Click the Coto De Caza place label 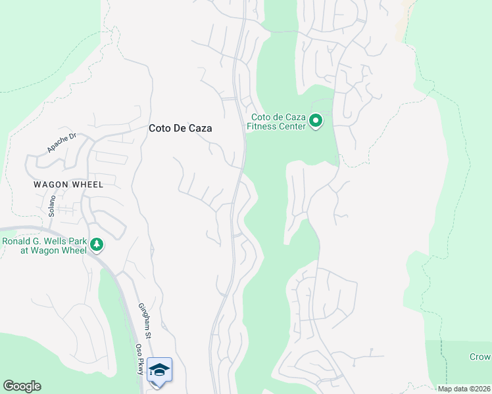point(180,129)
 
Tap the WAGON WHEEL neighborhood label point(68,185)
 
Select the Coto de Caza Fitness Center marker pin point(315,121)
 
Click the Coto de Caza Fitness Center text point(277,122)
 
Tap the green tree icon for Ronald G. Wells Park point(97,245)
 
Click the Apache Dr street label point(62,143)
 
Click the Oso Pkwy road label point(139,359)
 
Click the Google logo point(22,386)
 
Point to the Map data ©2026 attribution point(464,389)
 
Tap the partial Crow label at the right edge point(480,357)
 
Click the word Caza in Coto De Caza point(200,129)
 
